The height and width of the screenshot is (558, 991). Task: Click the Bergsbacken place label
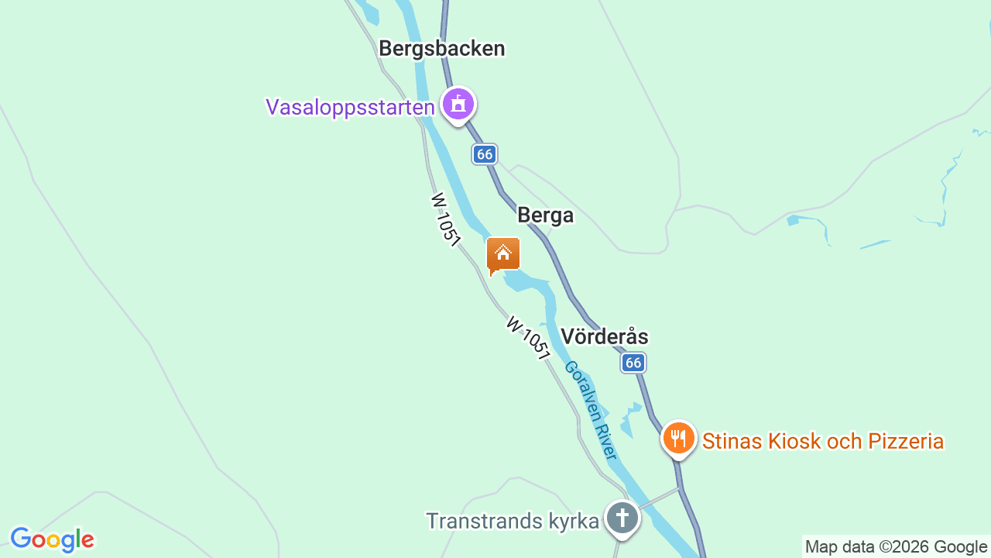click(x=441, y=49)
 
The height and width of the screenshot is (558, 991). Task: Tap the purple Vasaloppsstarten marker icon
click(x=458, y=104)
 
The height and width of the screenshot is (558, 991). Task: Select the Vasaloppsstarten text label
click(x=350, y=107)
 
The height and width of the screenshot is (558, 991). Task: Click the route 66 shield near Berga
click(x=485, y=154)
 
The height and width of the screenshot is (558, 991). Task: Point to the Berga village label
click(x=545, y=215)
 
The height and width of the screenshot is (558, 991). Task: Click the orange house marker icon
click(x=503, y=254)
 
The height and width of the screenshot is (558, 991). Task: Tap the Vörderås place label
click(x=604, y=336)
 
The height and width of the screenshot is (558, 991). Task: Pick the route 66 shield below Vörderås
click(x=633, y=362)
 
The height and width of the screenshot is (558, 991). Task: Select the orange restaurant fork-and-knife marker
click(x=678, y=439)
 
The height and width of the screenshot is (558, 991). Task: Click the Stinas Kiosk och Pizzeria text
click(x=822, y=442)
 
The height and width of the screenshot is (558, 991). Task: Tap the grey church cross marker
click(x=622, y=518)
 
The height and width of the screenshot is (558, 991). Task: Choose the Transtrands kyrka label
click(x=513, y=521)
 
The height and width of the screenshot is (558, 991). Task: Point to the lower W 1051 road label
click(x=528, y=337)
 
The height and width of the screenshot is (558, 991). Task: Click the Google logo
click(x=52, y=539)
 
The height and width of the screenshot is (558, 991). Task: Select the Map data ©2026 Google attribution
click(x=896, y=546)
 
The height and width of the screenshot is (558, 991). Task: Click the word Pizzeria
click(x=906, y=442)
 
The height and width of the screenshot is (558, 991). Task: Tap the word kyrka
click(x=572, y=521)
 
